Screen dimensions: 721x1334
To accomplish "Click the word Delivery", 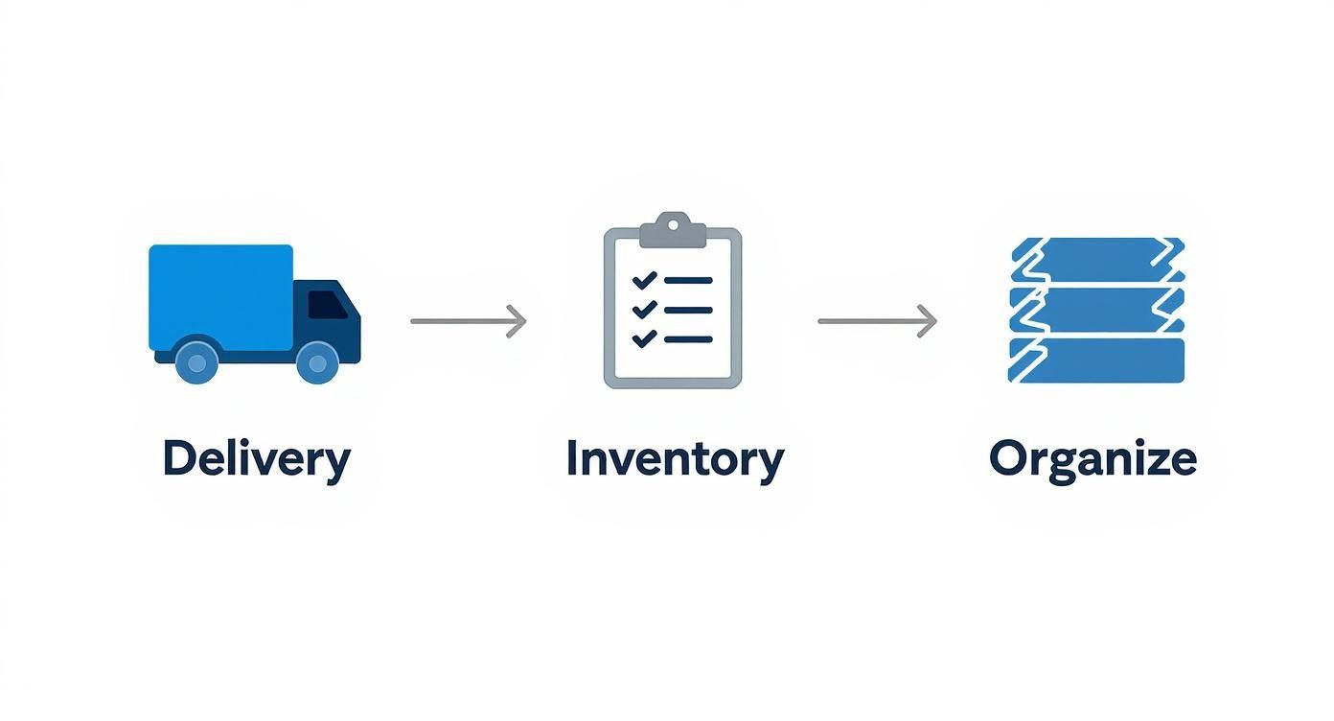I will (x=256, y=459).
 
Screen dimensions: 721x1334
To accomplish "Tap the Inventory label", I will (x=674, y=459).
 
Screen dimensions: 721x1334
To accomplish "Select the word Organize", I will (x=1092, y=459).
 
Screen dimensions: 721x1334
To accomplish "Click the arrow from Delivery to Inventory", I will (x=469, y=321).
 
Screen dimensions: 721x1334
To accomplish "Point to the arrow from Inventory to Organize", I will (x=877, y=321).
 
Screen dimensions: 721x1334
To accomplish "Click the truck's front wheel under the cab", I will (x=317, y=362).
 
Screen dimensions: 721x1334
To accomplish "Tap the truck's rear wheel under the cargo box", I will (x=197, y=362).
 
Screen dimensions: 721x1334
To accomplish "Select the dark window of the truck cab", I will (x=327, y=305).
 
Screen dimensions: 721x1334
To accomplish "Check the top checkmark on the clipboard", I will (x=644, y=280).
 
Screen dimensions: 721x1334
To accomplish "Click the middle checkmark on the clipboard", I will (x=644, y=309).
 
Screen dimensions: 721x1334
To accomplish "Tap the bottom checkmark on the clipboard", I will (x=644, y=337).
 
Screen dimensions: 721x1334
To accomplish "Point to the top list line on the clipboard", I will (x=688, y=281).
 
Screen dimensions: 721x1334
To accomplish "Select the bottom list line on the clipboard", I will (x=688, y=338).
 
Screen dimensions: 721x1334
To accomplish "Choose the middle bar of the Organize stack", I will (x=1098, y=310).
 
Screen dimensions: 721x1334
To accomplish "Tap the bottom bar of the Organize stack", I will (x=1102, y=360).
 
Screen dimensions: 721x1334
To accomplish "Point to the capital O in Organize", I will (x=1008, y=458).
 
